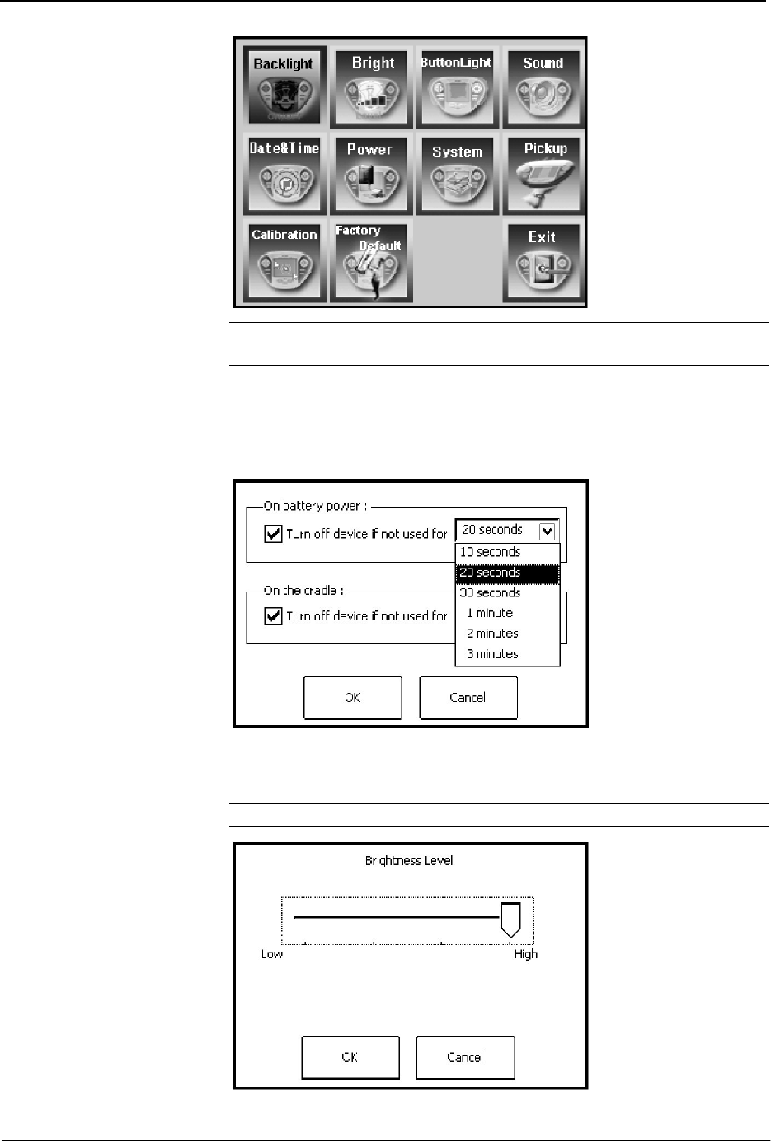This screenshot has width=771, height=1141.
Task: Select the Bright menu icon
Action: pos(371,87)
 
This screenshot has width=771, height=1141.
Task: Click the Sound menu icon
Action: pos(543,87)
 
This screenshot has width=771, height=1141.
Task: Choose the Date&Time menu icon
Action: pos(284,174)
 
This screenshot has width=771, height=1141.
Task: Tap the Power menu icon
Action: pos(371,174)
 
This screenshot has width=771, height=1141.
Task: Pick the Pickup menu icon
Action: pos(543,174)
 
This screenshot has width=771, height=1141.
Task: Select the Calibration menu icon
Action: pos(284,261)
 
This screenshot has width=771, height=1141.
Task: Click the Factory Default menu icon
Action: pos(371,261)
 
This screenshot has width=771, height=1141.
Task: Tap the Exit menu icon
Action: pos(543,261)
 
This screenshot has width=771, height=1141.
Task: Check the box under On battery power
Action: pos(273,534)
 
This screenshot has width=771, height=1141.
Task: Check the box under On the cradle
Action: pos(273,616)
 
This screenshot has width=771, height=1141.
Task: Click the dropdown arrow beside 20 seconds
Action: pos(548,531)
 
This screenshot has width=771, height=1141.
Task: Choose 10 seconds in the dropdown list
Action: pos(490,552)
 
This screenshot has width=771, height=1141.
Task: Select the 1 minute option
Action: pos(490,613)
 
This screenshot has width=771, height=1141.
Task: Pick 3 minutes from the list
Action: pos(492,653)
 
